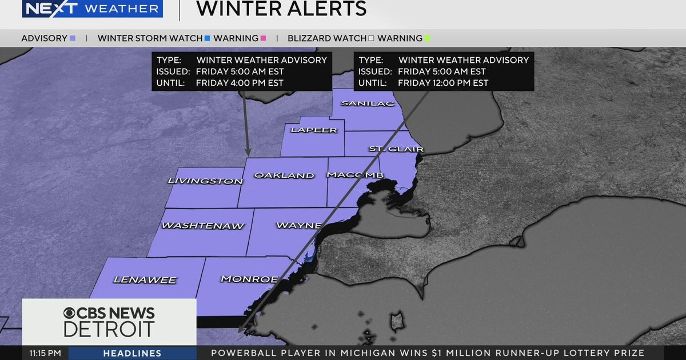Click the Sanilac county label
[x=360, y=103]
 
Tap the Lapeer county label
[x=314, y=130]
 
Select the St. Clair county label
[x=396, y=149]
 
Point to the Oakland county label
[x=284, y=175]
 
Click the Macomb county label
[x=355, y=175]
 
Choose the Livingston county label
[x=205, y=181]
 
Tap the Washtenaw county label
[x=203, y=226]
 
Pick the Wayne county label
[x=298, y=225]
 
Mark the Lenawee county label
[x=145, y=280]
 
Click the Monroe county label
[x=249, y=279]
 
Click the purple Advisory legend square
[x=73, y=38]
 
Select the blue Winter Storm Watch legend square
[x=207, y=38]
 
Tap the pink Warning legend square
[x=263, y=38]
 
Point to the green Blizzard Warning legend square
[x=427, y=38]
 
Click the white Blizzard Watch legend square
[x=371, y=38]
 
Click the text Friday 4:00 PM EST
[x=240, y=83]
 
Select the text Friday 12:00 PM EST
[x=443, y=83]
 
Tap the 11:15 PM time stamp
[x=45, y=353]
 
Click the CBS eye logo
[x=71, y=314]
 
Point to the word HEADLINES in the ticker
[x=132, y=353]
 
